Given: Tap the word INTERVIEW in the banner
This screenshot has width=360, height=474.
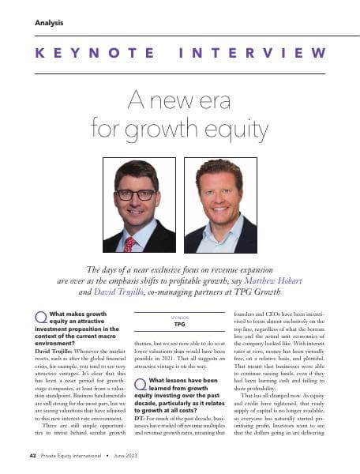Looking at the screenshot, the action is point(256,54).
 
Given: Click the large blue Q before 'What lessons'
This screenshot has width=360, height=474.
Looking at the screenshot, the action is point(141,385).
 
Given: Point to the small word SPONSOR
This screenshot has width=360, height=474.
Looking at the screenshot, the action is point(179,318).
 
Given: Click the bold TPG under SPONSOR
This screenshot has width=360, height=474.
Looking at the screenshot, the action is point(179,325).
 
